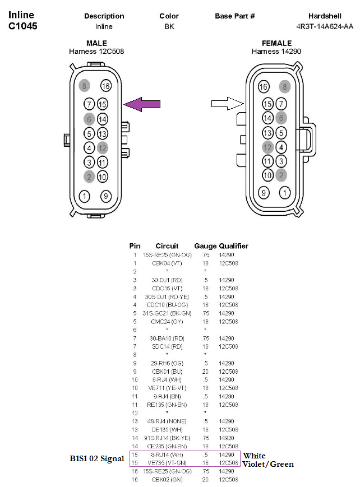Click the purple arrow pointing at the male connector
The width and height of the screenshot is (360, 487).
tap(142, 103)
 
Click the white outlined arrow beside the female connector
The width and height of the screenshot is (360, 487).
tap(227, 103)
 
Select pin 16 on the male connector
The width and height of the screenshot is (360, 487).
tap(106, 86)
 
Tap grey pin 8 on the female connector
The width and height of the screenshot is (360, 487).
tap(285, 86)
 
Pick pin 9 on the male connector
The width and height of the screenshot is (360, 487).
tap(106, 196)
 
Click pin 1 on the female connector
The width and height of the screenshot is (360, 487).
tap(285, 193)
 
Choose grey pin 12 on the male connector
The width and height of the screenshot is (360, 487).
tap(102, 148)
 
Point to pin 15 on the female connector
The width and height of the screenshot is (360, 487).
tap(267, 104)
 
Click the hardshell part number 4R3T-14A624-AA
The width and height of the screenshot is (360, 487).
tap(325, 26)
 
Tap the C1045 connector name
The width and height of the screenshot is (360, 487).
tap(23, 26)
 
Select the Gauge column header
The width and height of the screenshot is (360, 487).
tap(205, 246)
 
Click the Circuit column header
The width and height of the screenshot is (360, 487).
tap(167, 246)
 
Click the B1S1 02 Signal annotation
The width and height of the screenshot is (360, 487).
tap(97, 459)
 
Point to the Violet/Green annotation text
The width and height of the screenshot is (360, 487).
tap(268, 464)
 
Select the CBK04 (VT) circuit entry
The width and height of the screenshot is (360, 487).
tap(166, 262)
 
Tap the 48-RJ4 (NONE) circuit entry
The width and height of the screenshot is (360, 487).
tap(166, 421)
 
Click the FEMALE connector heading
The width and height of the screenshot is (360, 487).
tap(276, 43)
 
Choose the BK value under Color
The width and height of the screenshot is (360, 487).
tap(169, 26)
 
